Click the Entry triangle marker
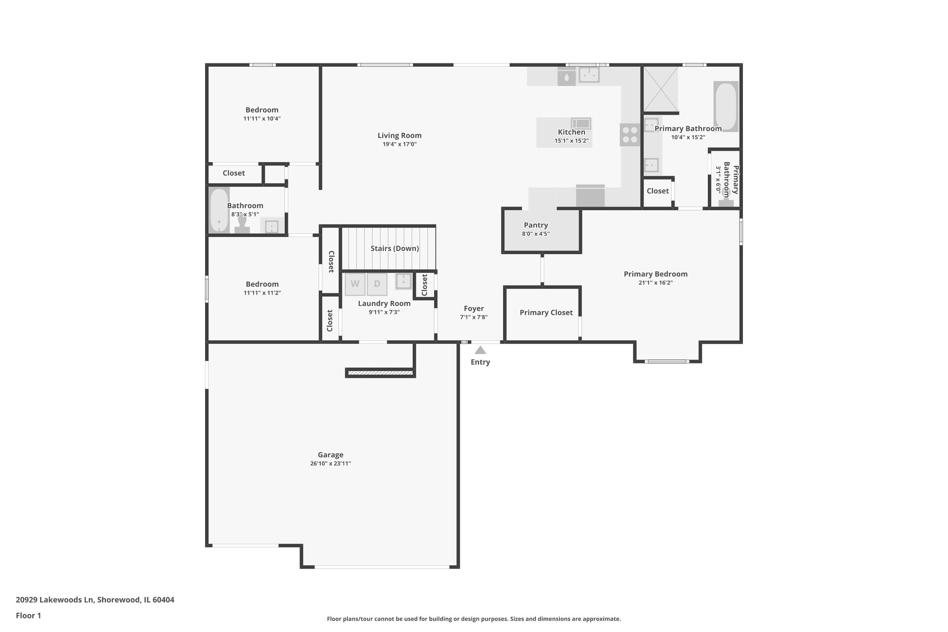click(480, 350)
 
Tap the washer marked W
click(355, 284)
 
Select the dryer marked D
click(377, 284)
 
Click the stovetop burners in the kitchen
click(630, 134)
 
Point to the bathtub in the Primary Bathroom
click(725, 106)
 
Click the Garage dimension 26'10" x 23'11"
click(331, 463)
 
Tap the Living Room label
click(399, 135)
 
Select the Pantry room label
click(536, 225)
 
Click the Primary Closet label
click(546, 313)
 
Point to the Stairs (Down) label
click(394, 248)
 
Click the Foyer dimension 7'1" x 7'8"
click(474, 317)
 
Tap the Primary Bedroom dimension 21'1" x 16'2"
click(655, 282)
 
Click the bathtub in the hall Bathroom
click(219, 211)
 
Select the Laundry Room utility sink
click(404, 281)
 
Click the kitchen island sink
click(581, 123)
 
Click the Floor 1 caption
click(28, 615)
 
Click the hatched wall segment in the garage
click(380, 372)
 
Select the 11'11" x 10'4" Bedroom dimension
click(262, 119)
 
